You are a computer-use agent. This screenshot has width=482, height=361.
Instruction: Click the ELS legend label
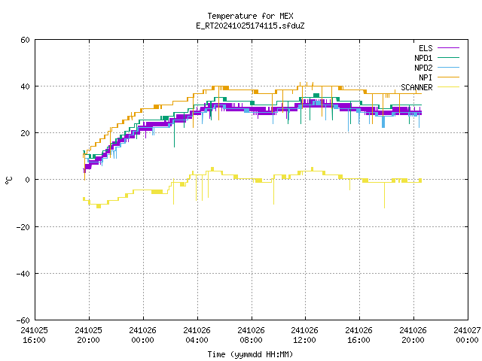pyautogui.click(x=426, y=48)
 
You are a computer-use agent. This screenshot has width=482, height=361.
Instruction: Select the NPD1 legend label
pyautogui.click(x=423, y=58)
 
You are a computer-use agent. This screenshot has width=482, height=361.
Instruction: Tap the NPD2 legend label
pyautogui.click(x=423, y=68)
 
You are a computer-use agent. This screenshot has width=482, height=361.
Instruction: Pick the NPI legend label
pyautogui.click(x=426, y=77)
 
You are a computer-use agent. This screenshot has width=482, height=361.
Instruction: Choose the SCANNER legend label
pyautogui.click(x=416, y=87)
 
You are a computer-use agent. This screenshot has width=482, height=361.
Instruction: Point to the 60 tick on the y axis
pyautogui.click(x=25, y=40)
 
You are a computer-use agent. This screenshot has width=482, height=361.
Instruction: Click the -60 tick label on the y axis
pyautogui.click(x=23, y=320)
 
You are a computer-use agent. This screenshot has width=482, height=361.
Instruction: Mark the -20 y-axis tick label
pyautogui.click(x=23, y=227)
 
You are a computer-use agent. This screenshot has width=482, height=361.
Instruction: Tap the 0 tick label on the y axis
pyautogui.click(x=28, y=180)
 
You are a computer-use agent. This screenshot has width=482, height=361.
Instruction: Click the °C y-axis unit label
pyautogui.click(x=8, y=180)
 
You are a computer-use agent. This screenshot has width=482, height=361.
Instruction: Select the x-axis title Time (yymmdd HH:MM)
pyautogui.click(x=250, y=354)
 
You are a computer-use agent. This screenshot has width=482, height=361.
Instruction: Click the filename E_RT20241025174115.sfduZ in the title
pyautogui.click(x=250, y=26)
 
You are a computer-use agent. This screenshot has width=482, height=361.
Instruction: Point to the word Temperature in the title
pyautogui.click(x=232, y=16)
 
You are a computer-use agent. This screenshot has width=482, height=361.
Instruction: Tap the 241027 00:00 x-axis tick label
pyautogui.click(x=467, y=335)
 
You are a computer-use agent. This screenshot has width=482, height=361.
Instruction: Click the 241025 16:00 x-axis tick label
pyautogui.click(x=34, y=335)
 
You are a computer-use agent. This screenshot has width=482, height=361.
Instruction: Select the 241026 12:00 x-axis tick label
pyautogui.click(x=304, y=335)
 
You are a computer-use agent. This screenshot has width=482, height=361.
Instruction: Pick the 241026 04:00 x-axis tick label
pyautogui.click(x=197, y=335)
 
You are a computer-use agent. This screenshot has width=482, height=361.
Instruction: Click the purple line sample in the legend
pyautogui.click(x=448, y=48)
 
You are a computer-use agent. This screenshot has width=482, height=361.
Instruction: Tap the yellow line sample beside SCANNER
pyautogui.click(x=448, y=87)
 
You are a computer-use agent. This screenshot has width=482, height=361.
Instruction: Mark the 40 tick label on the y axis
pyautogui.click(x=25, y=86)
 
